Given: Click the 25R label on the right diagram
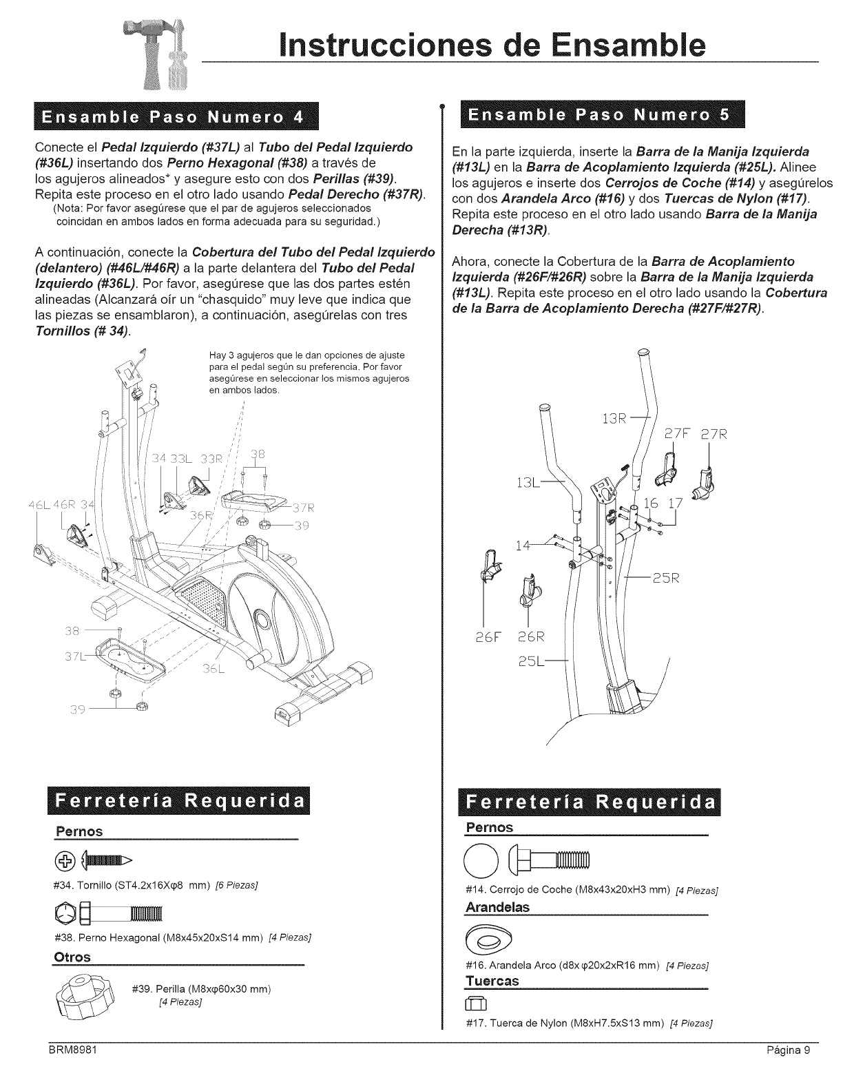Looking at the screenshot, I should pos(665,577).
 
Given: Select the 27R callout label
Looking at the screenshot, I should pos(714,435).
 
